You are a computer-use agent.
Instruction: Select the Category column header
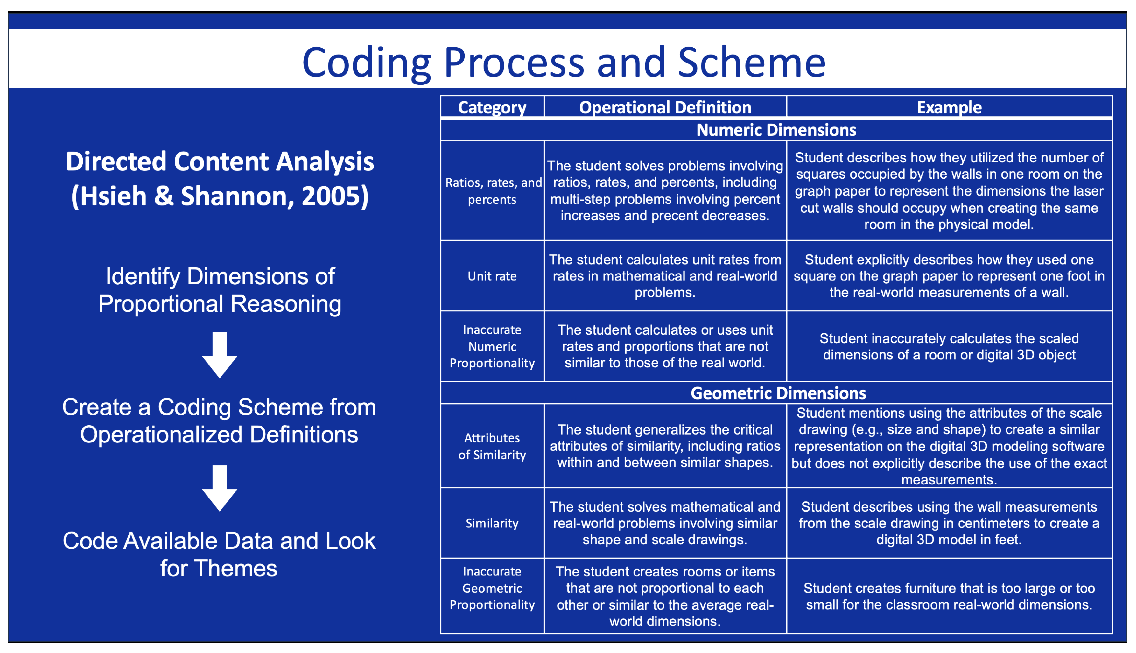492,108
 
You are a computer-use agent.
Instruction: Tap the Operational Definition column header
665,108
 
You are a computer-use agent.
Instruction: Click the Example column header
949,108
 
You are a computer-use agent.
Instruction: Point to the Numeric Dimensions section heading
776,130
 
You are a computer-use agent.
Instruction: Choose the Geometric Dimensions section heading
778,393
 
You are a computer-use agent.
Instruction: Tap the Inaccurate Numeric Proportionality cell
492,347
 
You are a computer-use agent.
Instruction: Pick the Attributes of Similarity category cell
492,446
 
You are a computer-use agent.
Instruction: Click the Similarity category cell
492,523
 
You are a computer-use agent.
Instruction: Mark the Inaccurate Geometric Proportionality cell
492,588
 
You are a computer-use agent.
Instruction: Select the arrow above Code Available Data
219,488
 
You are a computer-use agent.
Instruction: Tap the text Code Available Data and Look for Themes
219,554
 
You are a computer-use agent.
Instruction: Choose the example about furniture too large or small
949,596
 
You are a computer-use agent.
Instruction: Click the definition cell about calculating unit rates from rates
665,276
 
